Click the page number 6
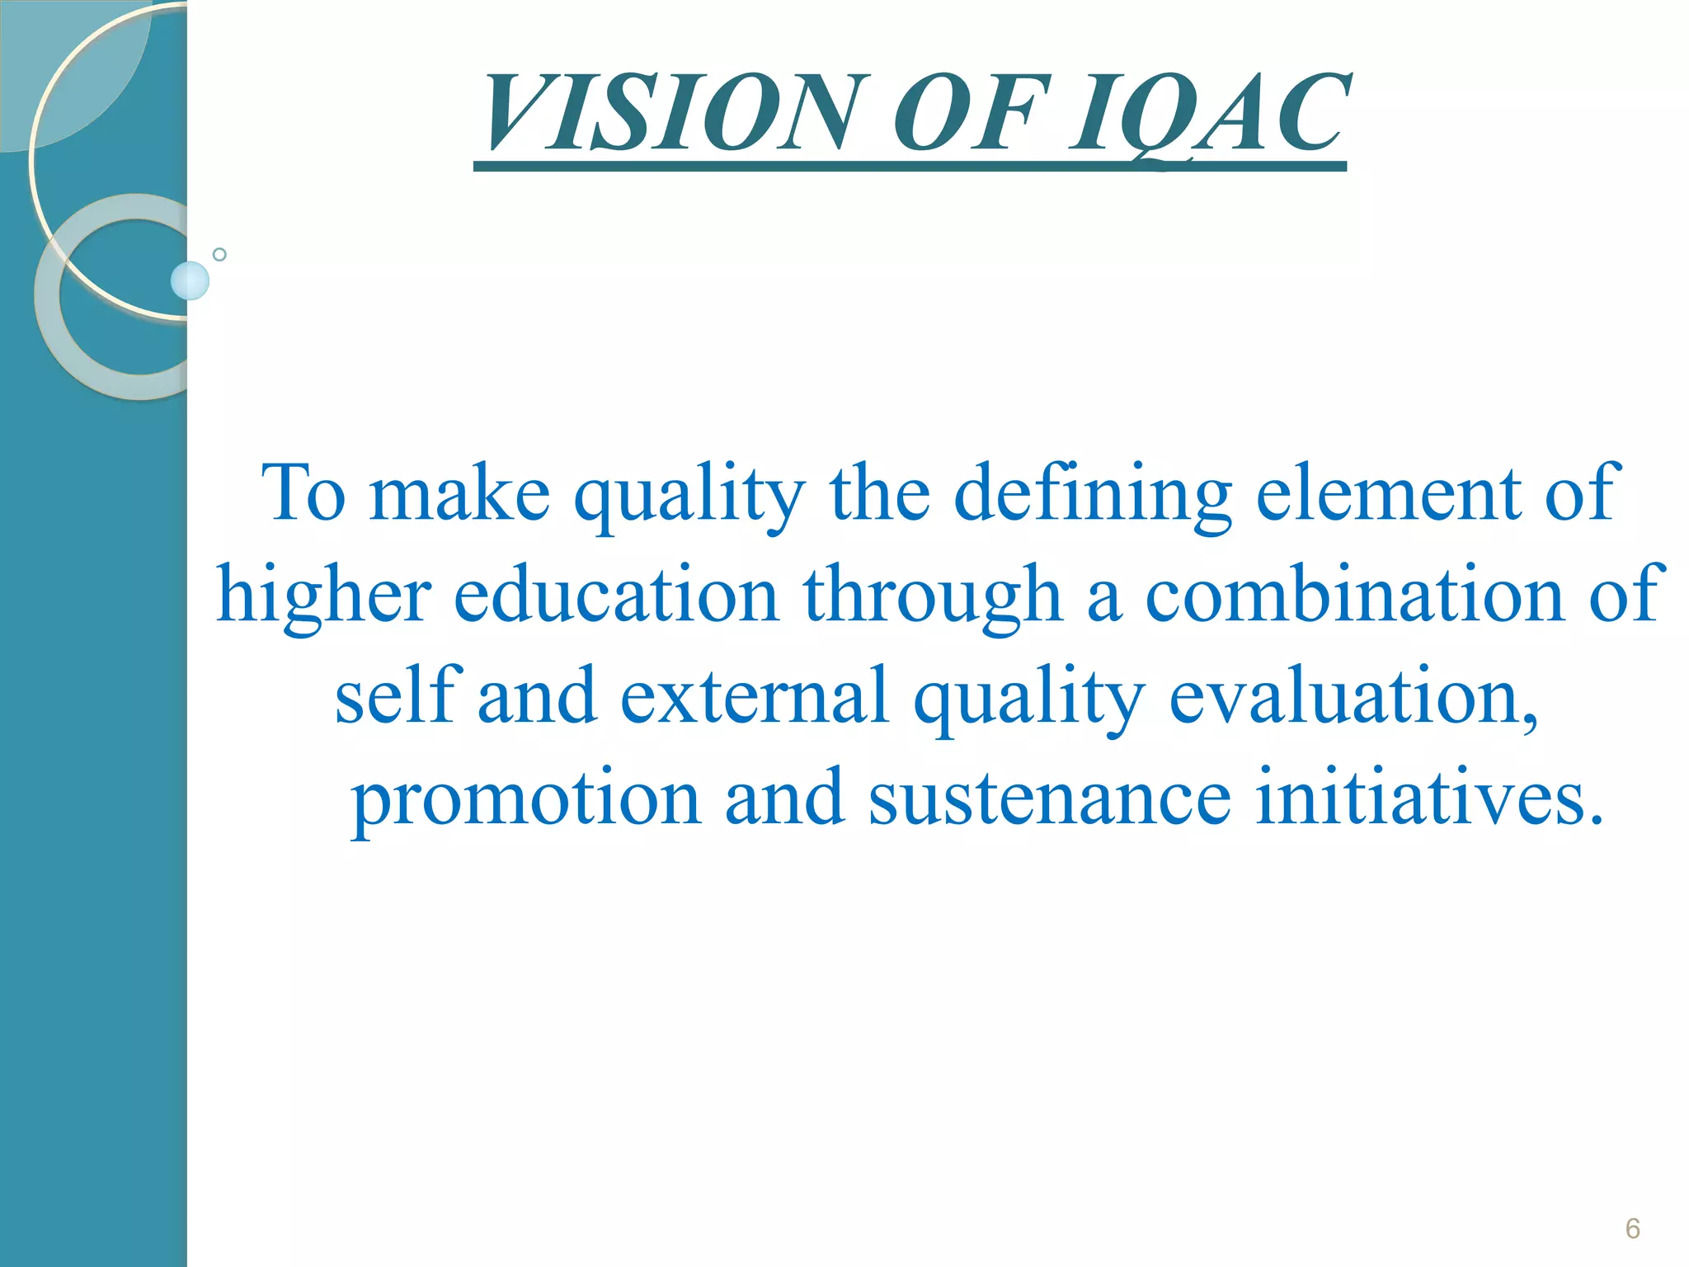point(1632,1228)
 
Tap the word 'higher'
point(324,596)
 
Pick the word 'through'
point(932,596)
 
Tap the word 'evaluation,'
point(1353,697)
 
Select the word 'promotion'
point(526,798)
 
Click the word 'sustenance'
point(1050,798)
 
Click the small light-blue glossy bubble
point(190,281)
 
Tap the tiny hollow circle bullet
point(219,254)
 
